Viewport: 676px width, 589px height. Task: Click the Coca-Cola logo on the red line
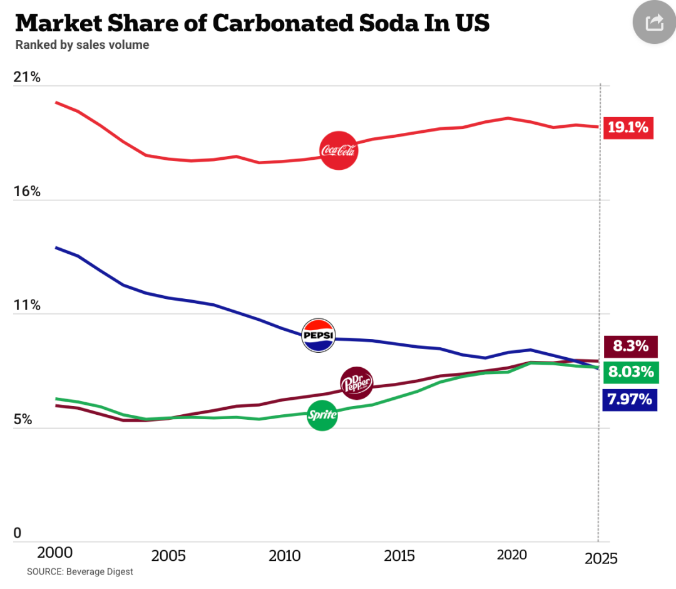tap(339, 151)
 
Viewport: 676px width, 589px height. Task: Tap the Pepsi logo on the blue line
tap(319, 335)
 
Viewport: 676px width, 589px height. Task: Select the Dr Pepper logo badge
tap(356, 383)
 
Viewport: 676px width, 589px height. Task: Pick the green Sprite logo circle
tap(322, 415)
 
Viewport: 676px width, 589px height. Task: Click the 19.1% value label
tap(628, 128)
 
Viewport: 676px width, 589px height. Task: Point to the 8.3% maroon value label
tap(631, 345)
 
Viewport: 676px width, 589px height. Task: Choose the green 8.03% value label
tap(631, 372)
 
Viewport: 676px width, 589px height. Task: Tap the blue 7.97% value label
tap(630, 399)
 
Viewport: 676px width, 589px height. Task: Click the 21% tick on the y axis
tap(27, 78)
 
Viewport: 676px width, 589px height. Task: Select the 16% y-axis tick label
tap(27, 192)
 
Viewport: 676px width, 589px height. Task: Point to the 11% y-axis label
tap(27, 306)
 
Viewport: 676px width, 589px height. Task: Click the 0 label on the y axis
tap(18, 533)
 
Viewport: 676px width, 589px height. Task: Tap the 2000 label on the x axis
tap(55, 553)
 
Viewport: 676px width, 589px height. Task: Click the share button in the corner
tap(653, 23)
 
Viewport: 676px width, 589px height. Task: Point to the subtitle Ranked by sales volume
tap(82, 45)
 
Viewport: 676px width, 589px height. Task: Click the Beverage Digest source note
tap(80, 572)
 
